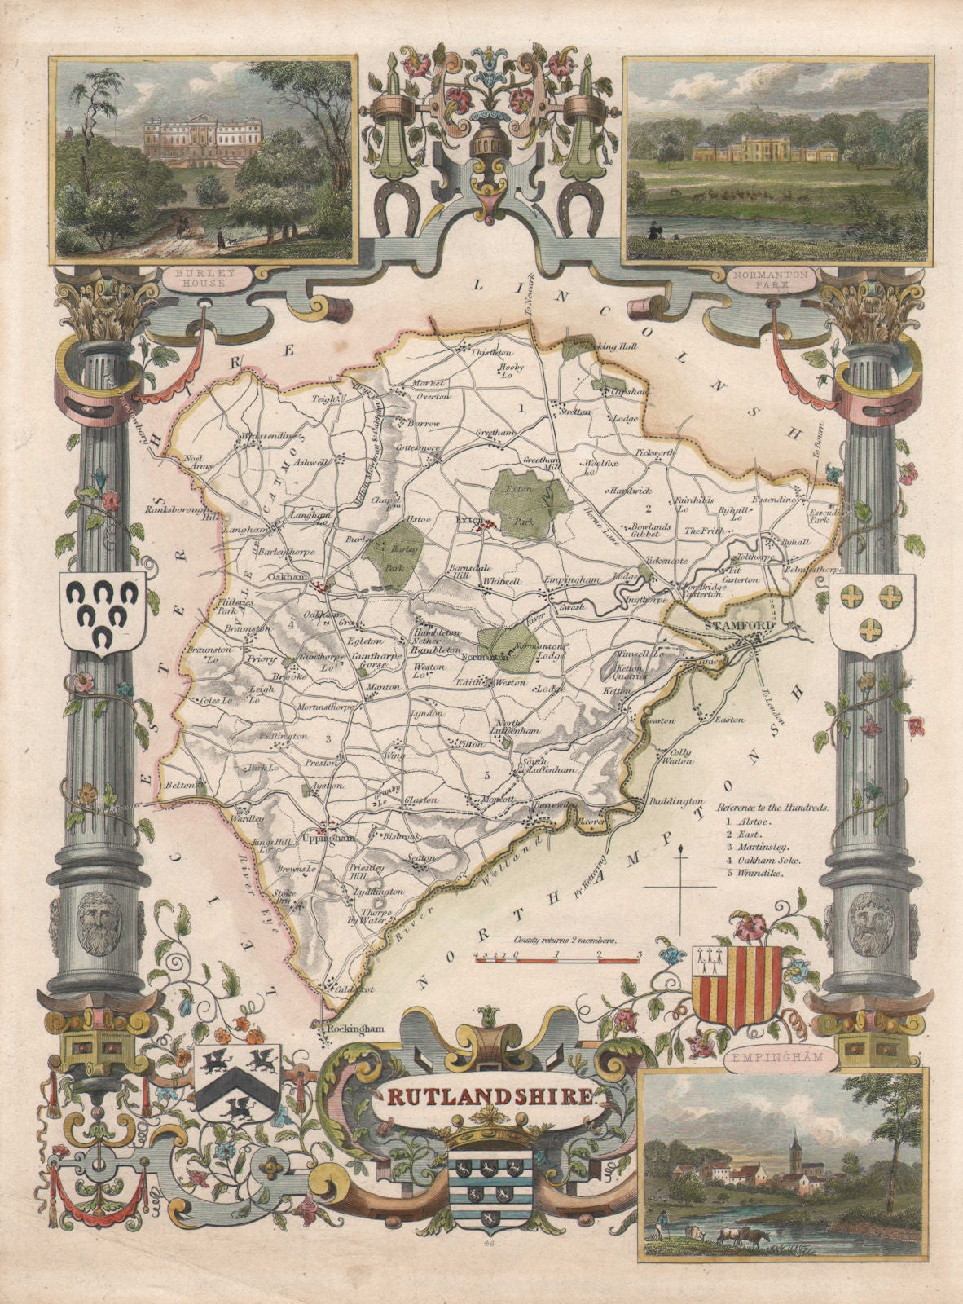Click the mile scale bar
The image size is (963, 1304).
pyautogui.click(x=556, y=960)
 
